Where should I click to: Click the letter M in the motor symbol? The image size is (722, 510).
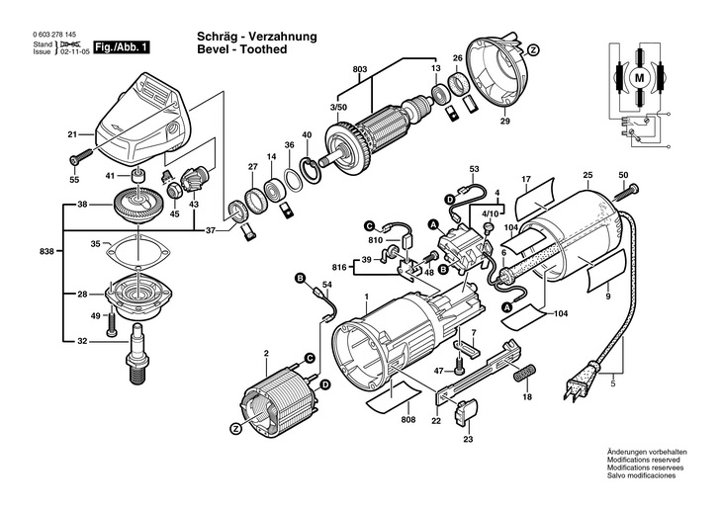coord(638,76)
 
